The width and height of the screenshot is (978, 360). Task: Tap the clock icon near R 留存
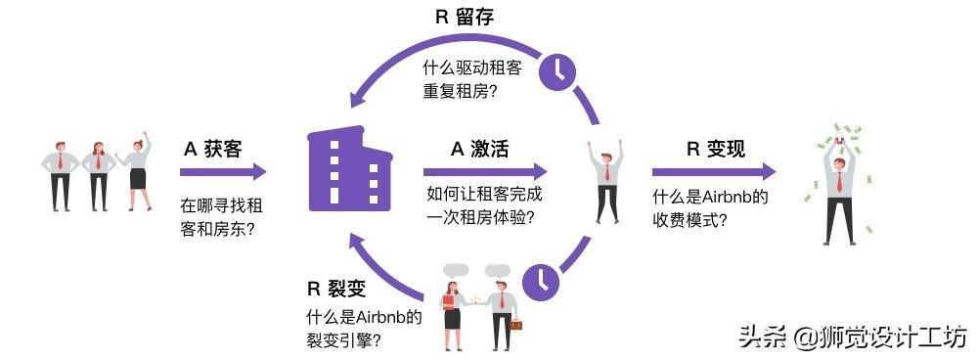[x=557, y=68]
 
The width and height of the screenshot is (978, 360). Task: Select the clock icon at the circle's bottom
[x=541, y=281]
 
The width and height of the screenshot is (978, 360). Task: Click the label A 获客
[x=212, y=150]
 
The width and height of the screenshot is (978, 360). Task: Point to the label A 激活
[x=479, y=149]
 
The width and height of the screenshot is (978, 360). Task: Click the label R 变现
[x=716, y=149]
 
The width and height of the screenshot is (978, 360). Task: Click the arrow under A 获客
[x=222, y=172]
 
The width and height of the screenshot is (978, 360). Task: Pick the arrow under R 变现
[x=715, y=172]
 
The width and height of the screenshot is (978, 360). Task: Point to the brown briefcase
[x=514, y=324]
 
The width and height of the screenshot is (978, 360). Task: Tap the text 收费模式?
[x=689, y=220]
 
